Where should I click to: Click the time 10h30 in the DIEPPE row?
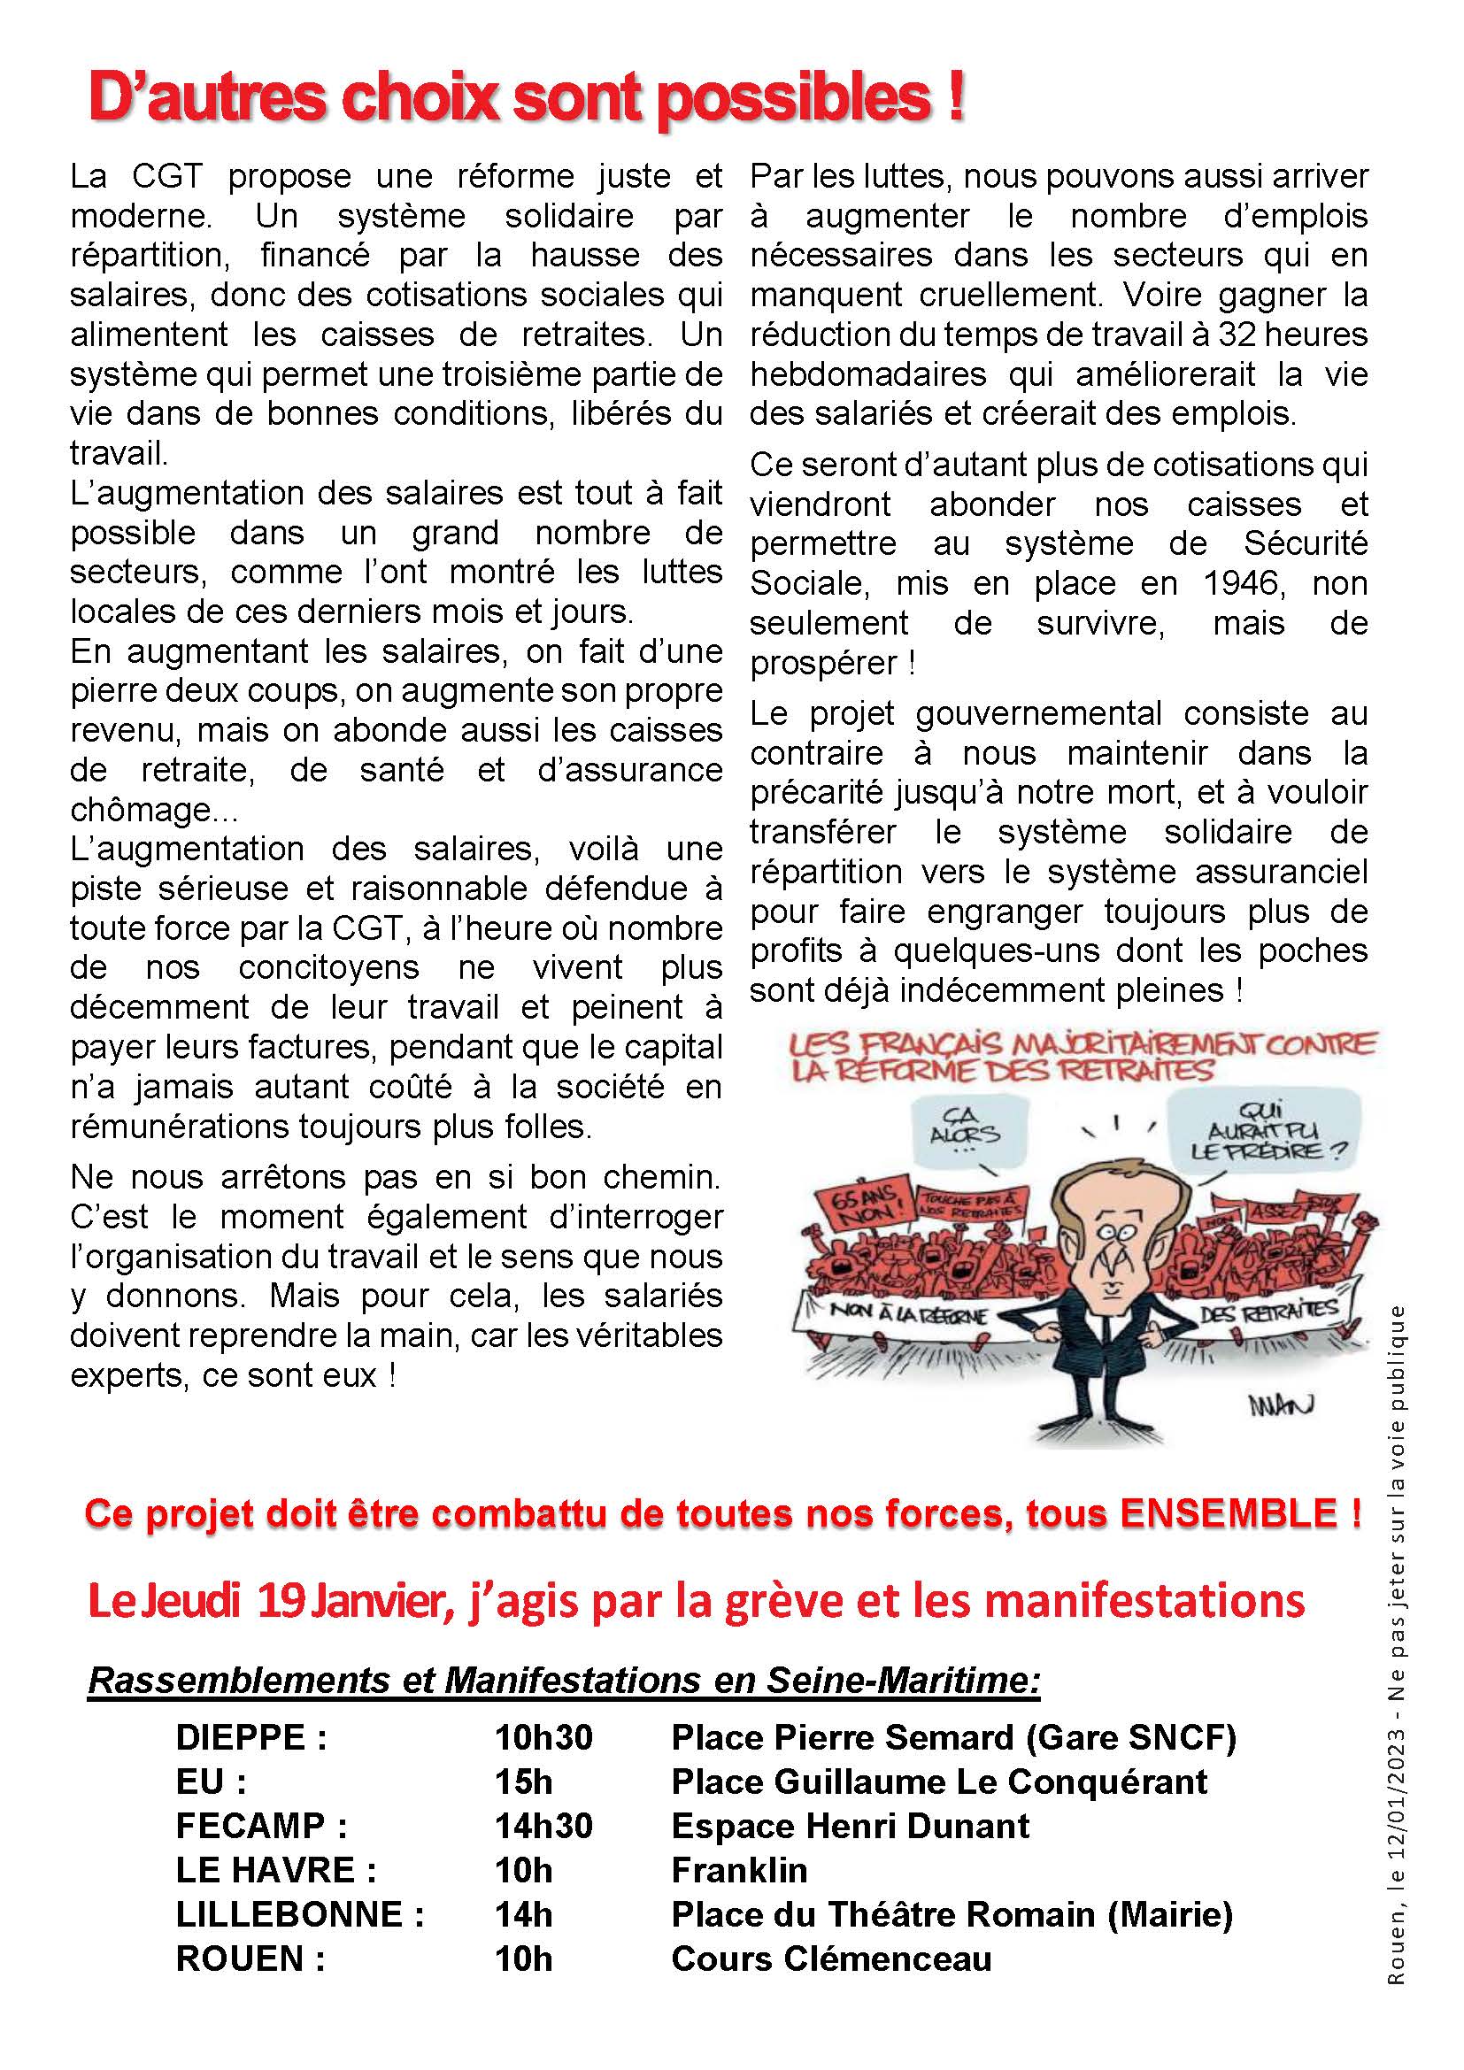[x=543, y=1737]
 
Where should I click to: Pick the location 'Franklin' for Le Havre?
[x=739, y=1870]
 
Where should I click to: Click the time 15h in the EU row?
[x=523, y=1781]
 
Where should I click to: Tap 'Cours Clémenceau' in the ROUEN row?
[x=831, y=1958]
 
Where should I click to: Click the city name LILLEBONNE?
[x=289, y=1914]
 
